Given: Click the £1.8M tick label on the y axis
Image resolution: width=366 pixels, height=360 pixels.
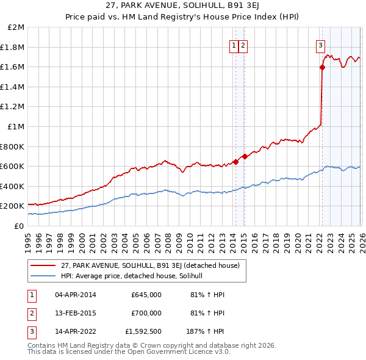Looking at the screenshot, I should tap(13, 47).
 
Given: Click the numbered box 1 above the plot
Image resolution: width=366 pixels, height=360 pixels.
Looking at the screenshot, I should tap(234, 45).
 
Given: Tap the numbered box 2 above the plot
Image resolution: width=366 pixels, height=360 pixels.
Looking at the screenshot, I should tap(243, 45).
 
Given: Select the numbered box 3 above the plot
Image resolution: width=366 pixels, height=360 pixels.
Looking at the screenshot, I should tap(320, 45).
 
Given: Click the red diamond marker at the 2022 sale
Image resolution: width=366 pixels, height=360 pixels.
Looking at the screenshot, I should tap(322, 68).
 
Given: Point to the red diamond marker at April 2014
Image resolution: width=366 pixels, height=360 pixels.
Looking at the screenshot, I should tap(235, 162).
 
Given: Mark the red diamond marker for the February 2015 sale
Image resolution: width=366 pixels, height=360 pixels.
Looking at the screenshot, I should tap(244, 156).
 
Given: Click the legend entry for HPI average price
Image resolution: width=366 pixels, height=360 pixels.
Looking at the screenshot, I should tap(135, 276).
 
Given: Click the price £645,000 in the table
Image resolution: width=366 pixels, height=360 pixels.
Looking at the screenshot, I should tap(146, 295).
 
